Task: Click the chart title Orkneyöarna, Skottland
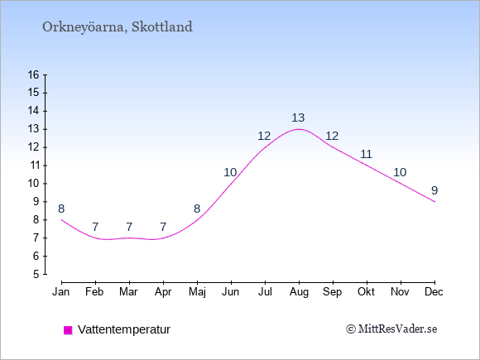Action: (x=118, y=27)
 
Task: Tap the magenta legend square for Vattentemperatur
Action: (x=68, y=330)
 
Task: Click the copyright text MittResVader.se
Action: (x=391, y=329)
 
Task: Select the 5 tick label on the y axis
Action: (x=36, y=274)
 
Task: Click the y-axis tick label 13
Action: (x=33, y=129)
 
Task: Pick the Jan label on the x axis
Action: (x=61, y=292)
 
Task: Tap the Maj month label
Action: (x=197, y=292)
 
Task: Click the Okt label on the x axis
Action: (x=366, y=292)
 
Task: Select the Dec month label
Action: (x=434, y=292)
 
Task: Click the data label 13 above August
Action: (x=298, y=118)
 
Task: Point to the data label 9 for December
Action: (x=434, y=190)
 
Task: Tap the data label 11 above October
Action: (x=366, y=154)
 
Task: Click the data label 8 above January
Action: (x=61, y=209)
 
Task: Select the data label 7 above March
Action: (x=129, y=227)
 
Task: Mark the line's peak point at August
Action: (x=299, y=129)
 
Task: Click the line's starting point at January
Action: (x=61, y=220)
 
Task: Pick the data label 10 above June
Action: (x=230, y=172)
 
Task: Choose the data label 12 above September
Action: (x=332, y=136)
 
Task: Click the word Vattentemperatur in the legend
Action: (x=124, y=329)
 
